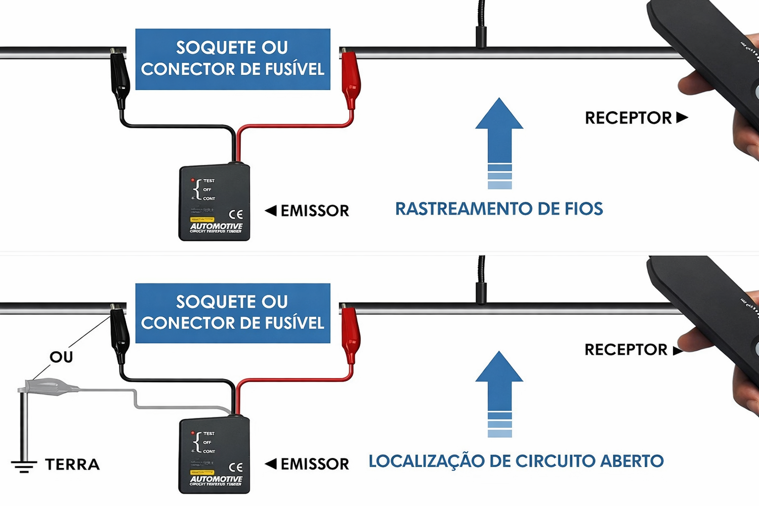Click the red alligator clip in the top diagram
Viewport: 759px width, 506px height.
coord(350,78)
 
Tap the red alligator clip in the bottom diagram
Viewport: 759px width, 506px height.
coord(350,334)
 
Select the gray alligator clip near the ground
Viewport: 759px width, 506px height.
coord(48,387)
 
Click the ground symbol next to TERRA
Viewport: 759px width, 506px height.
coord(24,466)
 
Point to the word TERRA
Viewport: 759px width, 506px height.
coord(72,465)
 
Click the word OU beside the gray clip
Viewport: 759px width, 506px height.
coord(61,357)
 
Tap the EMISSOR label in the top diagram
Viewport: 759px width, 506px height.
coord(314,210)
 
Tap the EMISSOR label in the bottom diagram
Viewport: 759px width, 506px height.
coord(314,463)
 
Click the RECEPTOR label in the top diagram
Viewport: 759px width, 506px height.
coord(628,118)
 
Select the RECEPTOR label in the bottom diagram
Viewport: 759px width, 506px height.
coord(626,350)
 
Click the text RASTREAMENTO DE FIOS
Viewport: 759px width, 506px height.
coord(499,208)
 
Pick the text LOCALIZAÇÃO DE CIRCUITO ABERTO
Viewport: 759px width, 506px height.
coord(516,461)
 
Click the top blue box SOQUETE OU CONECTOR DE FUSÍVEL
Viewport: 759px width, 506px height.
coord(233,59)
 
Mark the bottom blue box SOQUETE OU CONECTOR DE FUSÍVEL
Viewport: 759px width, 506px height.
coord(233,313)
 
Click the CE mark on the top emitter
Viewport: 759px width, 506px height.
coord(236,214)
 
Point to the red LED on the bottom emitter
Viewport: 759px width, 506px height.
coord(193,433)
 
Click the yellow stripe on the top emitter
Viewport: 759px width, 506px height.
coord(202,220)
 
